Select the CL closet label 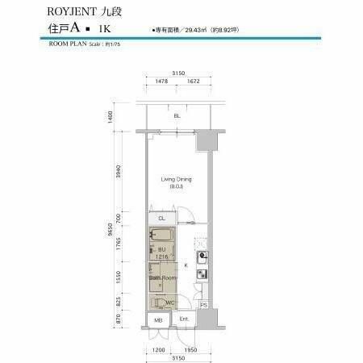tap(161, 218)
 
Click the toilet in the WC tap(165, 303)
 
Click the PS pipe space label tap(204, 305)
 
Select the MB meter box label tap(157, 320)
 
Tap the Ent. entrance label tap(184, 320)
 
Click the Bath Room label tap(161, 277)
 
